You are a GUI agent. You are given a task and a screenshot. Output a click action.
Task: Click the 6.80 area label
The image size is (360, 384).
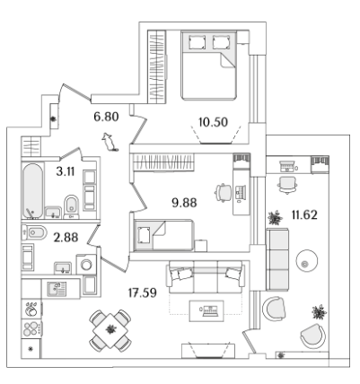106,117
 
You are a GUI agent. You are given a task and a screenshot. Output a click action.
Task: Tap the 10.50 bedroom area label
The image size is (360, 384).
213,122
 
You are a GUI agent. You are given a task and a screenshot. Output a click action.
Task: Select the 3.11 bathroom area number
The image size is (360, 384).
66,171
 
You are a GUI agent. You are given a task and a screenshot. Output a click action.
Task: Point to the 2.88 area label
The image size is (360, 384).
66,238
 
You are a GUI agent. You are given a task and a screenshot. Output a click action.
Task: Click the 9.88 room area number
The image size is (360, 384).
184,203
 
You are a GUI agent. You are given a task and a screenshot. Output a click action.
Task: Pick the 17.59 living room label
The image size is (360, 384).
143,292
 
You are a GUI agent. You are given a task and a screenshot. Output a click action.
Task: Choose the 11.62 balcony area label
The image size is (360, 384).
304,214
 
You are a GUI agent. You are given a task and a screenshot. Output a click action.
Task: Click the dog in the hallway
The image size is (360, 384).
110,142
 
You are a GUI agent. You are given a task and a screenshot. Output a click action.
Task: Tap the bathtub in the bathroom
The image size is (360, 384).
32,191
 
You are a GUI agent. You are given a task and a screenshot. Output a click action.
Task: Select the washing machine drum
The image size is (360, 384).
86,265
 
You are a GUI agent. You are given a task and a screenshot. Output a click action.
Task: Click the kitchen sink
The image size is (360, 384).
57,289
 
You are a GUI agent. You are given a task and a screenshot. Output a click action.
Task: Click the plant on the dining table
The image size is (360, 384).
110,329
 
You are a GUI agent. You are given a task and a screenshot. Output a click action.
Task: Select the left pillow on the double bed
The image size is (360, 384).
197,42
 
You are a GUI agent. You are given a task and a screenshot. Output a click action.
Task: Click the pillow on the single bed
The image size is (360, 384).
144,235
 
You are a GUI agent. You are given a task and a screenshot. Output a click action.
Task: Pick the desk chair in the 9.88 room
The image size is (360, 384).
224,192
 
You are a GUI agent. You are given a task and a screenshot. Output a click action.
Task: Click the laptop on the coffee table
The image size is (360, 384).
210,311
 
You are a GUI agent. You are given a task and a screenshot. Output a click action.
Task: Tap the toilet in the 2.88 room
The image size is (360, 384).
34,232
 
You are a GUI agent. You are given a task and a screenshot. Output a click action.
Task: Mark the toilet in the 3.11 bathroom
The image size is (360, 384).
72,206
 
